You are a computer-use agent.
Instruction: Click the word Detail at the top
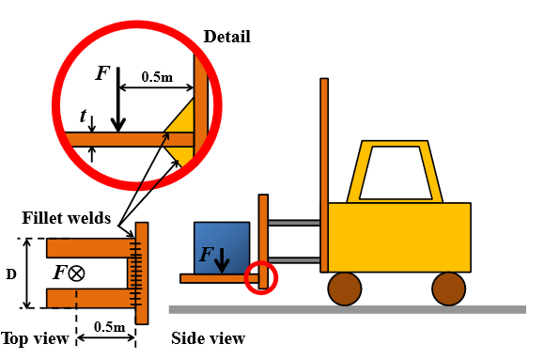click(227, 38)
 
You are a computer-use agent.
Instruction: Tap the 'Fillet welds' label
click(66, 218)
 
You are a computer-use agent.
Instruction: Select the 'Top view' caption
click(34, 338)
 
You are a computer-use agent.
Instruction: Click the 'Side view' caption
click(208, 338)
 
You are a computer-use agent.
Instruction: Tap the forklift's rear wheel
click(448, 288)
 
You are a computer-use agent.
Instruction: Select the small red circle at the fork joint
click(261, 278)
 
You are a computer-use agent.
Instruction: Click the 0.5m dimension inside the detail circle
click(157, 77)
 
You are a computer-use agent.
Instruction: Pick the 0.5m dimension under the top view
click(110, 326)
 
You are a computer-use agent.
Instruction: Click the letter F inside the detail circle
click(102, 72)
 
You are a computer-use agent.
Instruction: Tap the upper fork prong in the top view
click(86, 248)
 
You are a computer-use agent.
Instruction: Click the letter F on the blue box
click(207, 254)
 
